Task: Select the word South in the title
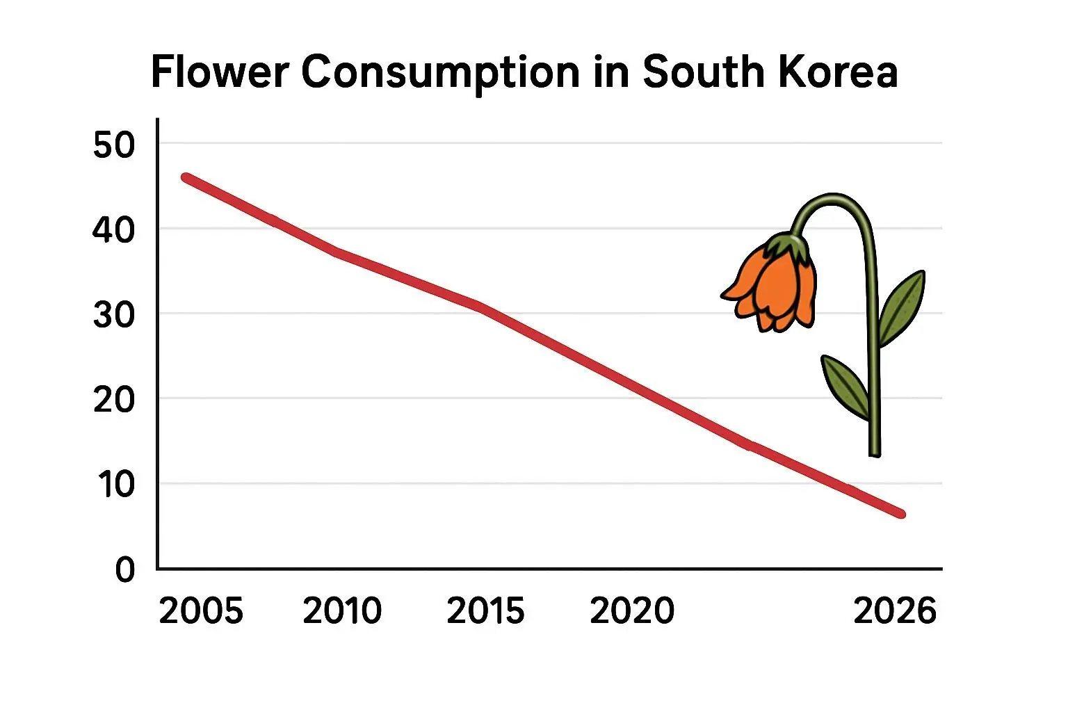[x=702, y=72]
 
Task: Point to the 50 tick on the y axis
[x=113, y=145]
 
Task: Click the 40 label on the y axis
[x=113, y=229]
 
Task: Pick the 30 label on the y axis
[x=113, y=315]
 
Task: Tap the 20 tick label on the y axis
[x=113, y=400]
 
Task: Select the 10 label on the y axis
[x=115, y=485]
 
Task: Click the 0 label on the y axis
[x=125, y=570]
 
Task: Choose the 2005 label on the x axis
[x=201, y=611]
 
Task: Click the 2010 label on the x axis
[x=342, y=611]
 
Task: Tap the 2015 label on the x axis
[x=485, y=611]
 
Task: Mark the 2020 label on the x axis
[x=632, y=611]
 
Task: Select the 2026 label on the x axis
[x=895, y=611]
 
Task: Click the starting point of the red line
[x=186, y=178]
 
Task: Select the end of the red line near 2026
[x=901, y=514]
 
